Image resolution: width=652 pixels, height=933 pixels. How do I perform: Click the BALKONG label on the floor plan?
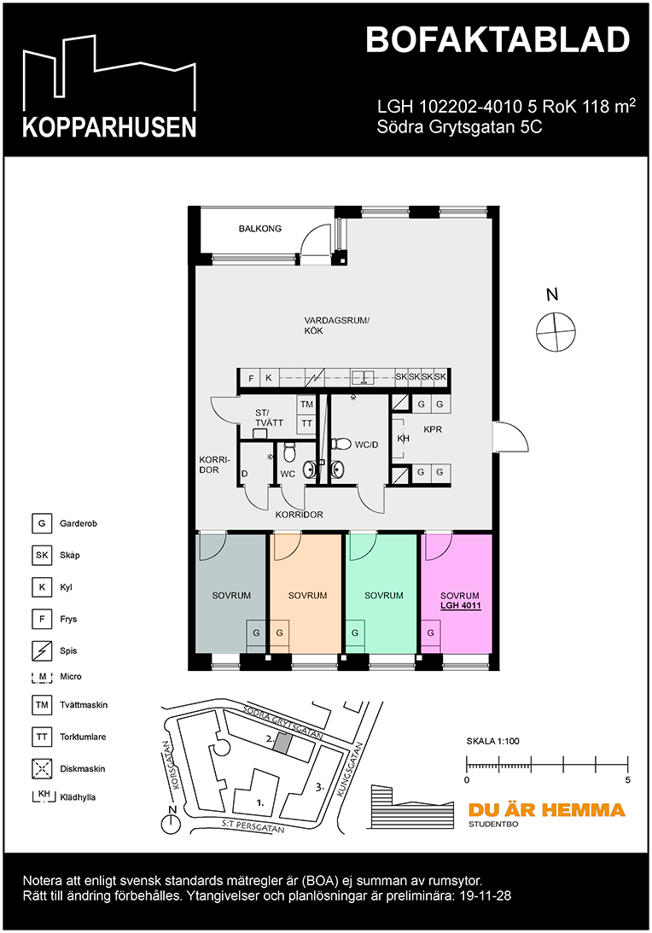[260, 229]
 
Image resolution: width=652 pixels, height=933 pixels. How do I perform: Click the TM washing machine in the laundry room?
[306, 405]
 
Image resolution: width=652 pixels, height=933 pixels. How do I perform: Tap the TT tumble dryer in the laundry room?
[306, 423]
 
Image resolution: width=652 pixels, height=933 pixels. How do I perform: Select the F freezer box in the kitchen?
[250, 378]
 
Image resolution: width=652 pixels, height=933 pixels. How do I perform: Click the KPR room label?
[433, 429]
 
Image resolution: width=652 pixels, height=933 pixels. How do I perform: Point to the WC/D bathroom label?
[366, 445]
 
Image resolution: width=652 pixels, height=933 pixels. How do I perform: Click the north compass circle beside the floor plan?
[556, 331]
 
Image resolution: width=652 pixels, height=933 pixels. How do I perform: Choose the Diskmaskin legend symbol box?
[42, 769]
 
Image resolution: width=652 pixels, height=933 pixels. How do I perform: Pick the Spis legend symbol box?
[42, 650]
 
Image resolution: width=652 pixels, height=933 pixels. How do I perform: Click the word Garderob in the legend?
[78, 523]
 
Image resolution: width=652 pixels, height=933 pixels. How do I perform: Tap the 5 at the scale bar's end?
[627, 779]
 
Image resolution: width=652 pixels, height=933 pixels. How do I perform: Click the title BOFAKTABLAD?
[498, 40]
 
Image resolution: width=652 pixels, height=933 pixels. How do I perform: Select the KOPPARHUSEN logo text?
[109, 127]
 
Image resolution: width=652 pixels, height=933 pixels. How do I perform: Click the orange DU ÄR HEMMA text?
[547, 810]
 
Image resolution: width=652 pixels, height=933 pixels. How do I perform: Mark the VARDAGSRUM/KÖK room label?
[337, 325]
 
